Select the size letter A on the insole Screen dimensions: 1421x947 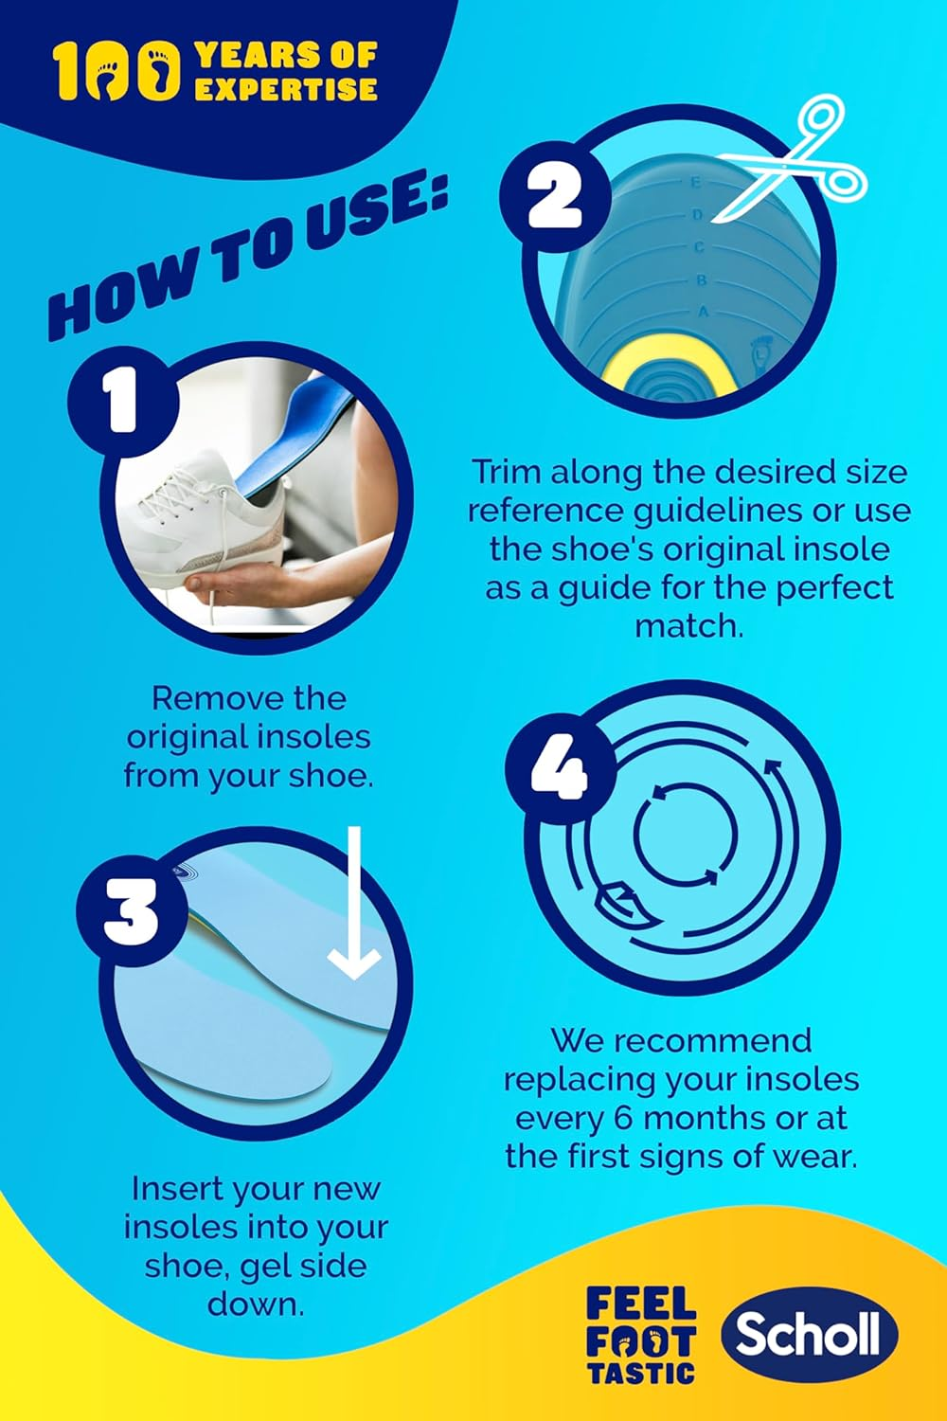[x=703, y=312]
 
